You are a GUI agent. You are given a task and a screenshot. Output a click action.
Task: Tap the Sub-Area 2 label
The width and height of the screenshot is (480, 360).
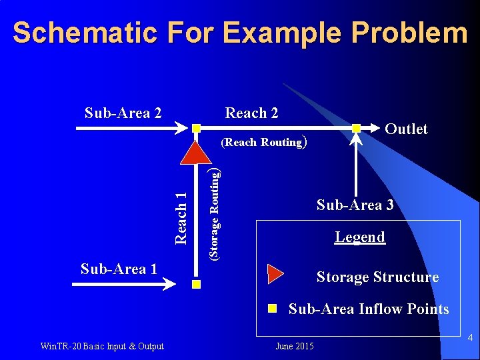click(x=123, y=113)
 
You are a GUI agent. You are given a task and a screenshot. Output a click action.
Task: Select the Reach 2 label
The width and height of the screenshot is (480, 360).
click(x=251, y=113)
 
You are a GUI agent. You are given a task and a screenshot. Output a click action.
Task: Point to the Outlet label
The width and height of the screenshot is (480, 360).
click(x=406, y=129)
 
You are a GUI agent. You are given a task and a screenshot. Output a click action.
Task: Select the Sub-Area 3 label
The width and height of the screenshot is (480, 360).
click(x=355, y=205)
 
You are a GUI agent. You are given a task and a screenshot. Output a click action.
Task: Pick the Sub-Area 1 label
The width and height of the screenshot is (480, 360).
click(x=119, y=269)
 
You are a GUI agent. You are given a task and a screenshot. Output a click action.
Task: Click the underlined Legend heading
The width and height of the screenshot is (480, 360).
click(x=360, y=237)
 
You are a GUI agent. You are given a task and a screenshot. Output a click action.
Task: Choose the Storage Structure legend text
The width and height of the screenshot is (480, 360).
click(x=377, y=277)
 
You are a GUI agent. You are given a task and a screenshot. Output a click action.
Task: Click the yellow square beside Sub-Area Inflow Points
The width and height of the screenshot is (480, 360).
click(x=272, y=309)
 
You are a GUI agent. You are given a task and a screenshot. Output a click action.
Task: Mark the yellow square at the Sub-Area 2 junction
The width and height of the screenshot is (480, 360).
click(x=196, y=127)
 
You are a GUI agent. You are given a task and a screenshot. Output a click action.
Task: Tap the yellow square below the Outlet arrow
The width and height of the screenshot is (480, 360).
click(x=357, y=128)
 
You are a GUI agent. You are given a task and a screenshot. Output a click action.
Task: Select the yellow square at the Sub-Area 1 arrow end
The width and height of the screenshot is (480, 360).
click(x=196, y=285)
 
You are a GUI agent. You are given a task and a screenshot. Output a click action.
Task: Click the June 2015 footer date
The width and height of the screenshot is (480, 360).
click(x=294, y=346)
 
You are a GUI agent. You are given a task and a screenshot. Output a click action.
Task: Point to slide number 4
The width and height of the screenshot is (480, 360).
click(x=470, y=339)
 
